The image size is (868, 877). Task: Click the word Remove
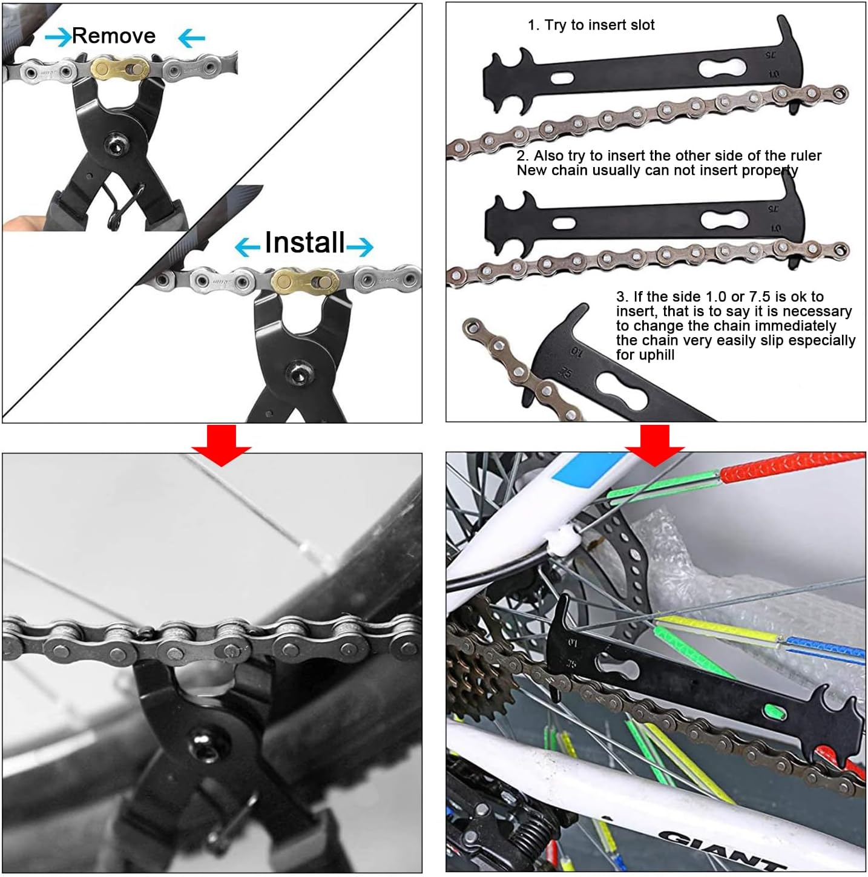point(114,36)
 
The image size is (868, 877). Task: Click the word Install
point(304,243)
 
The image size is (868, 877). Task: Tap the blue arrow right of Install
point(360,246)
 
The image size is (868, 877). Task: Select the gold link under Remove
point(120,69)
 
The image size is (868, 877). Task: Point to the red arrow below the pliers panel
point(222,444)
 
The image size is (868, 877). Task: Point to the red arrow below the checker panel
point(655,444)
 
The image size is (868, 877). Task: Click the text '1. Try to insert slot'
point(591,25)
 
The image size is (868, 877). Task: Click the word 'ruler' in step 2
point(805,156)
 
